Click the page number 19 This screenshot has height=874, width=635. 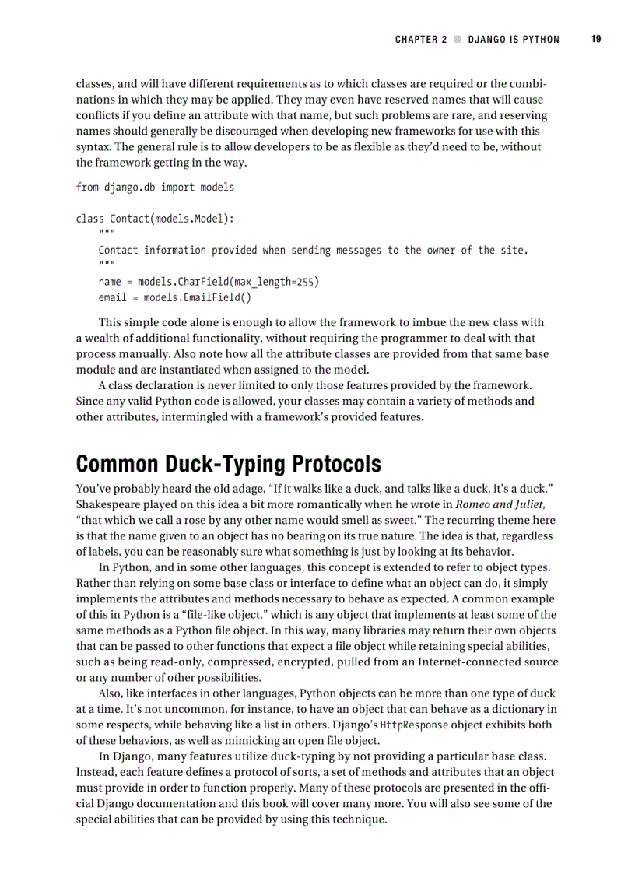coord(595,40)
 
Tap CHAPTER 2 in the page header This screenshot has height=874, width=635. coord(421,40)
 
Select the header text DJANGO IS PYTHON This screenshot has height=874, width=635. coord(514,40)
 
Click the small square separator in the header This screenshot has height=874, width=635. coord(458,40)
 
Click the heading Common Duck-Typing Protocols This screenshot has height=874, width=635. coord(228,465)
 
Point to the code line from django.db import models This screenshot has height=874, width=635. coord(155,187)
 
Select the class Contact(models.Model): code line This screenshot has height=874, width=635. coord(155,219)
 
